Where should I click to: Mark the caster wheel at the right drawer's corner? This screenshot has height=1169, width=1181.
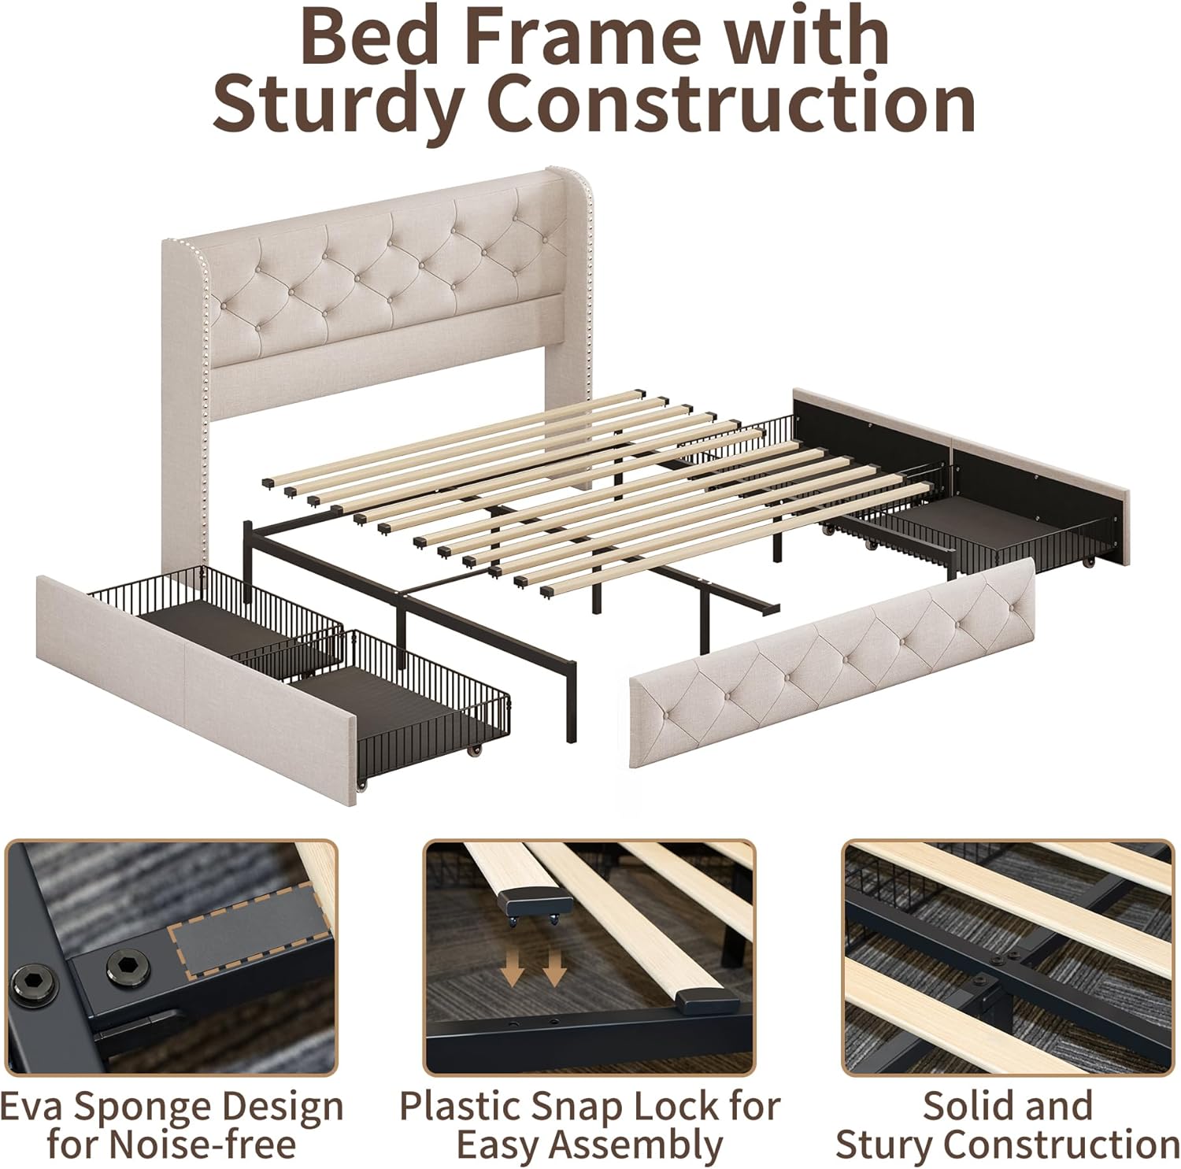click(x=1090, y=563)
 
